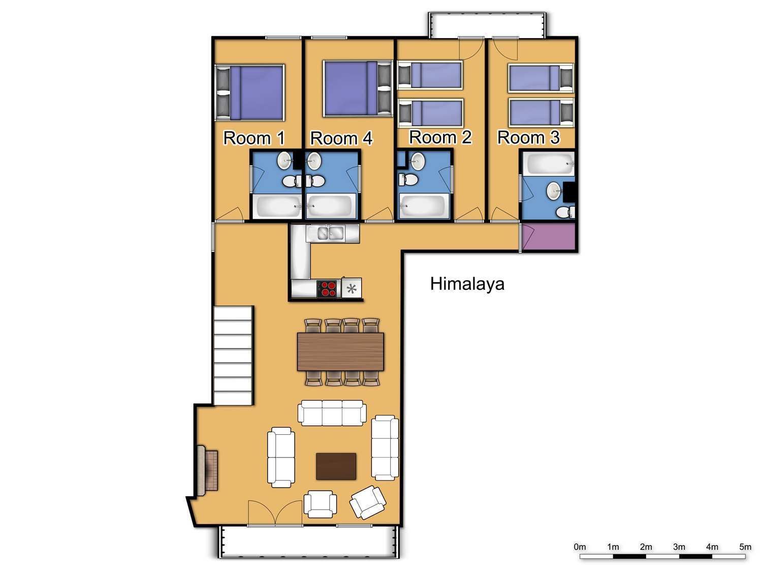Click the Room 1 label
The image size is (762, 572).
tap(254, 138)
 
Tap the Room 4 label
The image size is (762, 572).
tap(341, 138)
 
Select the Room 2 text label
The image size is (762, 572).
tap(440, 137)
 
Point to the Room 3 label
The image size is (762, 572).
tap(528, 137)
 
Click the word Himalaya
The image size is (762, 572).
tap(467, 284)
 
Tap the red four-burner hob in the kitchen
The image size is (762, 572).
tap(327, 289)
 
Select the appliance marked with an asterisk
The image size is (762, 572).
tap(352, 288)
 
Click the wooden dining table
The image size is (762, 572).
tap(340, 351)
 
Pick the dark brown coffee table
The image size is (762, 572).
tap(336, 466)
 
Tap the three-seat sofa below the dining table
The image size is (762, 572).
tap(332, 412)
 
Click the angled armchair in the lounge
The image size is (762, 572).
tap(368, 502)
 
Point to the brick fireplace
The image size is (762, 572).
tap(207, 471)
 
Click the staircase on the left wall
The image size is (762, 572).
tap(233, 355)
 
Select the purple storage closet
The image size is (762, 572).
tap(549, 236)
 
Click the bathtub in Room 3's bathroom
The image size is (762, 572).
tap(549, 164)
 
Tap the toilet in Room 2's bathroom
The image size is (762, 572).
tap(408, 180)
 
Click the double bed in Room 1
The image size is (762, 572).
tap(249, 93)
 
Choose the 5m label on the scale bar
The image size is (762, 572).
tap(745, 547)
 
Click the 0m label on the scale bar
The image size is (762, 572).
tap(580, 547)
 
